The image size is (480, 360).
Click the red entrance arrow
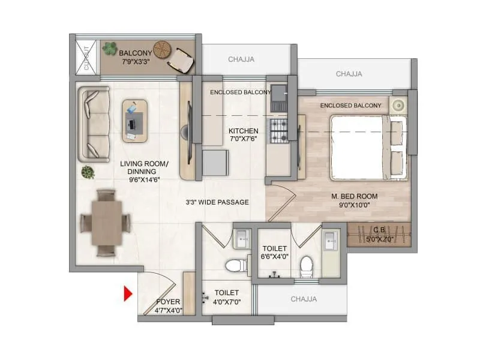128,294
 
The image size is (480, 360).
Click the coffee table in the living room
135,121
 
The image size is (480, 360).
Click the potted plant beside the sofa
88,172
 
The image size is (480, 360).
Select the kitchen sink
279,95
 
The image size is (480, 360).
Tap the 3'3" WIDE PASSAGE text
217,202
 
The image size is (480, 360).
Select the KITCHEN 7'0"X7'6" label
243,134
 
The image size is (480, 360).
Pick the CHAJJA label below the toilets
304,299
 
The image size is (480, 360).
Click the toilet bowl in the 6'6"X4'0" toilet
307,265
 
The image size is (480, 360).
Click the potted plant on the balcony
110,48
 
